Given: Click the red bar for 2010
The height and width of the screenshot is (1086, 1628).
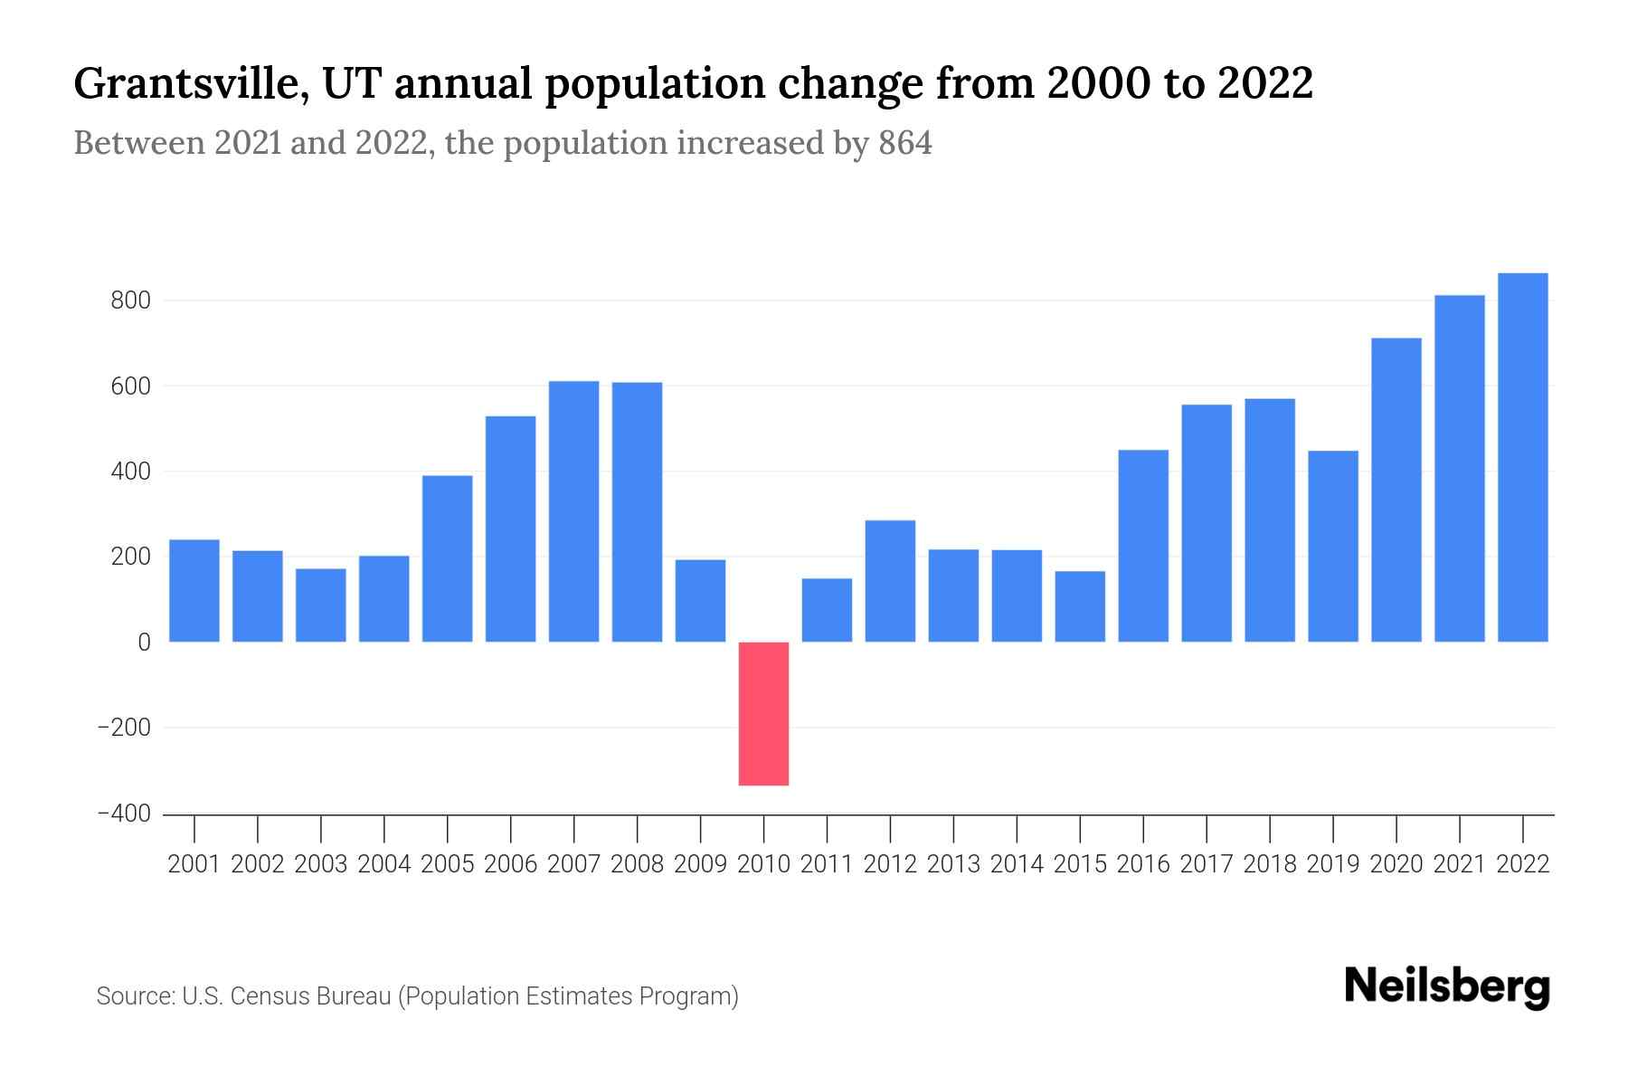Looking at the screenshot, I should coord(763,713).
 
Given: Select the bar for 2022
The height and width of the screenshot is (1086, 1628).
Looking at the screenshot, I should coord(1522,457).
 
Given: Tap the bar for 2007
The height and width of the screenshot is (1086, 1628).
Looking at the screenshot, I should coord(573,511).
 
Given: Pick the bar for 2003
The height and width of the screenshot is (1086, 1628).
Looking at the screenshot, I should coord(320,605).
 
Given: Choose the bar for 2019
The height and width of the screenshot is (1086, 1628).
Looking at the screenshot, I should coord(1332,546).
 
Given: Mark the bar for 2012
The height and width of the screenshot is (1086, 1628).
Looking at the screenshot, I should coord(890,581).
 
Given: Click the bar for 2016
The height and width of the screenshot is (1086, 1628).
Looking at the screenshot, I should coord(1143,546).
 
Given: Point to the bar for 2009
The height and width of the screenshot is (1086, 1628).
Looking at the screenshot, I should coord(700,601).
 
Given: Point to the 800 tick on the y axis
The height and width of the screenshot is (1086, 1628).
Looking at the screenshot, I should coord(129,300).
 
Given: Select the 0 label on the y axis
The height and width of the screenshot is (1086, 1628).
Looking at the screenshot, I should coord(144,643).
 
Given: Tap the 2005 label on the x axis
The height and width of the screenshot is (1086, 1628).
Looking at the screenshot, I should coord(448,864).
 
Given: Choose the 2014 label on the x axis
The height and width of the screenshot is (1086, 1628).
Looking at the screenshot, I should coord(1017,864).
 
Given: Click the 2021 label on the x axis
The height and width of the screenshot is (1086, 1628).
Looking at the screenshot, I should coord(1459,864).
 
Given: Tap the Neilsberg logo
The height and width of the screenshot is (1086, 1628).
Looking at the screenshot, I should coord(1447,986).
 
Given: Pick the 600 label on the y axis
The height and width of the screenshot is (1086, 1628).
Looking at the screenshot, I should coord(129,386).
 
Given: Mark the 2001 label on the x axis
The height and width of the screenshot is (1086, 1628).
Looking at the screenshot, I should coord(194,864).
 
